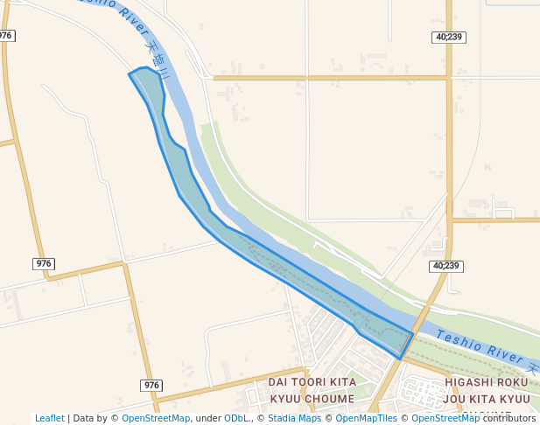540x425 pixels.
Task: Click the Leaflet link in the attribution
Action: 49,418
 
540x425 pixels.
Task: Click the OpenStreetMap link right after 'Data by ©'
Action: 155,418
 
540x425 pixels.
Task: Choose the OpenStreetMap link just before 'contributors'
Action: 445,418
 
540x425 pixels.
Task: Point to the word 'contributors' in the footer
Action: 509,418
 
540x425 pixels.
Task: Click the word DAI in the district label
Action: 278,382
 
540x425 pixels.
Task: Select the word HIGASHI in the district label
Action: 473,382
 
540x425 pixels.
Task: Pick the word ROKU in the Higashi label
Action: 516,382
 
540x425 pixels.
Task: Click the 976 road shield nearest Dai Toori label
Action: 151,386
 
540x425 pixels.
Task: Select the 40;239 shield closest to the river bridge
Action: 445,266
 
